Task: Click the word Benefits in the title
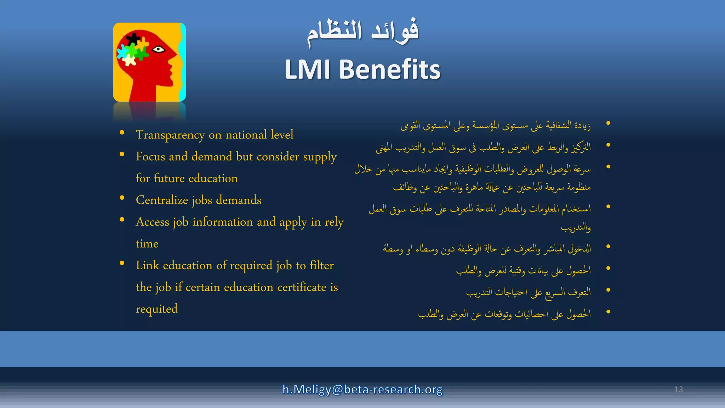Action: tap(389, 69)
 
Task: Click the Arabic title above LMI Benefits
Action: tap(362, 32)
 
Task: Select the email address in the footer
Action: tap(362, 389)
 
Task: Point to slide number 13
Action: tap(678, 389)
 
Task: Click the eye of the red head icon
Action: tap(159, 49)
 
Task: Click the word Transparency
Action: tap(170, 135)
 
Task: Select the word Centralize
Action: tap(162, 200)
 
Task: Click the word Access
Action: tap(153, 222)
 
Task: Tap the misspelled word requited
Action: tap(156, 309)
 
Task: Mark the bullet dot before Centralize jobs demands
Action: tap(122, 198)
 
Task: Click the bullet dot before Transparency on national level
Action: tap(122, 132)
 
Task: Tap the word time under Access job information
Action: tap(147, 244)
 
